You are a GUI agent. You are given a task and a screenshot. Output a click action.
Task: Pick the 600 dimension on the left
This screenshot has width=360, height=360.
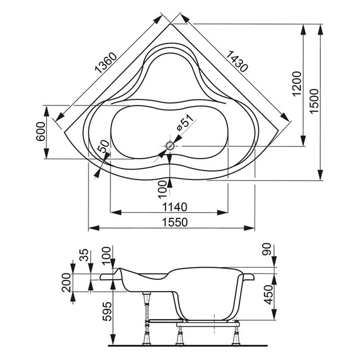(40, 131)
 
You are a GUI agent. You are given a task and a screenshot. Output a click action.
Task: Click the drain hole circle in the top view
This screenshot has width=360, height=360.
(170, 146)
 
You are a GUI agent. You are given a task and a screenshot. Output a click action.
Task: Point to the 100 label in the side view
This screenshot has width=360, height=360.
(105, 256)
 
